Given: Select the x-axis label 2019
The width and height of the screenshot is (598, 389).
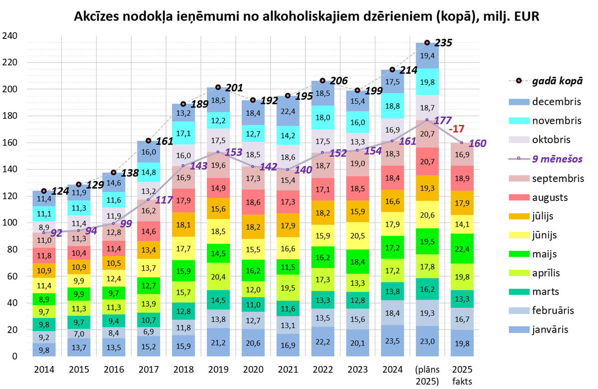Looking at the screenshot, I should [218, 370].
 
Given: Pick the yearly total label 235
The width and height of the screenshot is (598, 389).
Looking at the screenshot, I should [444, 43].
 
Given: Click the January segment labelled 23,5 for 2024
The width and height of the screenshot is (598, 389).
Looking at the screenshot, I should [392, 342].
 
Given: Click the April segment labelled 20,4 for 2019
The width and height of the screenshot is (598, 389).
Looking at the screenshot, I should [218, 277].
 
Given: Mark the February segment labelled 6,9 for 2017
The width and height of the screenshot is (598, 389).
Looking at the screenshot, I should [148, 331].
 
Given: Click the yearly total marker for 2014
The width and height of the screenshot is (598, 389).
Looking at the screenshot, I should [44, 191].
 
